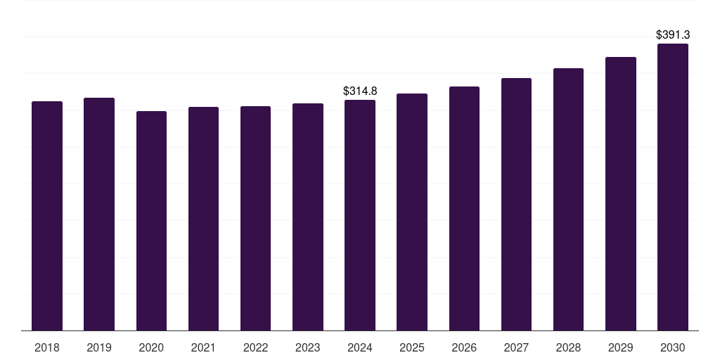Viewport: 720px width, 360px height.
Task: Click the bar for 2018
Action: click(47, 216)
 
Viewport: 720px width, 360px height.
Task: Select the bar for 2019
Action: click(99, 214)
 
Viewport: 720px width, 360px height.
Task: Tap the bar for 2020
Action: click(152, 221)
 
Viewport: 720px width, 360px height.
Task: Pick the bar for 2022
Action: click(255, 219)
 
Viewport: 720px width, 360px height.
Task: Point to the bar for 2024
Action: click(360, 215)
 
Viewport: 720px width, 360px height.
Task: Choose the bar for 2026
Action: click(464, 208)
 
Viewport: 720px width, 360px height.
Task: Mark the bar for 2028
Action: click(568, 199)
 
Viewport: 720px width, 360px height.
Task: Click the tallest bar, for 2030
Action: click(673, 187)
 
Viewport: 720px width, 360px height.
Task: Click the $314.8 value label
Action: click(360, 91)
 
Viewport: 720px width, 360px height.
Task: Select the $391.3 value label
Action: click(673, 34)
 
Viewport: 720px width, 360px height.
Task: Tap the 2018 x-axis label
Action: click(47, 347)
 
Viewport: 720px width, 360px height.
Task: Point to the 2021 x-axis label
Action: click(203, 347)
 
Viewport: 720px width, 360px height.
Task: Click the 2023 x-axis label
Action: click(308, 347)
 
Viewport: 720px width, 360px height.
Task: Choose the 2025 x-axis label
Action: click(412, 347)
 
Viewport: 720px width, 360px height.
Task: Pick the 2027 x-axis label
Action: click(516, 347)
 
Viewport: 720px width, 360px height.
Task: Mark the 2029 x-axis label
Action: click(620, 347)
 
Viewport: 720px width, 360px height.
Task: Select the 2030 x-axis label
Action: click(673, 347)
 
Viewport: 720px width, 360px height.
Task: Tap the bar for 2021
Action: click(203, 219)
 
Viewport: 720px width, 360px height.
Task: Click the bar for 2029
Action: click(621, 194)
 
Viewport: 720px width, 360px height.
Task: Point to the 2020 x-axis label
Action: click(151, 347)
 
